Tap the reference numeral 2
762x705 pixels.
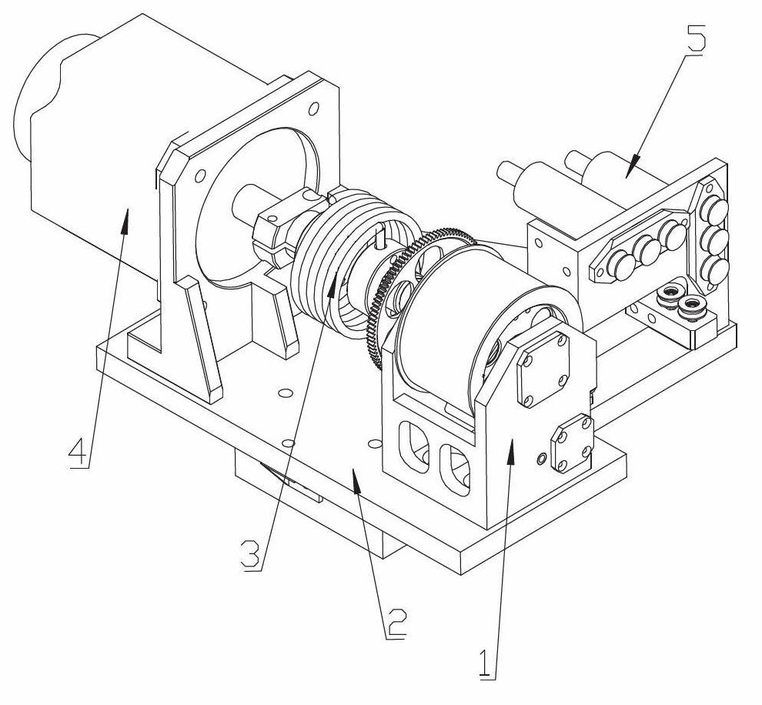[396, 623]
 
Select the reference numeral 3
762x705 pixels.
[252, 555]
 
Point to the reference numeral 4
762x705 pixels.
[79, 452]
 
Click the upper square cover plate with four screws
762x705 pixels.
[543, 369]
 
